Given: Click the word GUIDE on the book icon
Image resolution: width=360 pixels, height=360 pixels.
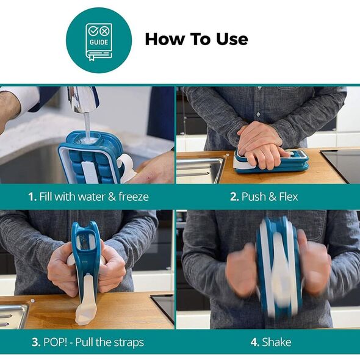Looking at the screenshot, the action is point(99,42).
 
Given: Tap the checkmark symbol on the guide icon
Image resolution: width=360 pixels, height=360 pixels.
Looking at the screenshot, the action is point(93,31).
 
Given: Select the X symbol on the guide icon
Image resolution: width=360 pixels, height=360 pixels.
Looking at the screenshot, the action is point(104,31).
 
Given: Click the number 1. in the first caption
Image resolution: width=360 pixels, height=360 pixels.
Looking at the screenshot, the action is point(32,196).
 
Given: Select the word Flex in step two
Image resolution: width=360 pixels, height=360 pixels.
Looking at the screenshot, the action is point(289,196).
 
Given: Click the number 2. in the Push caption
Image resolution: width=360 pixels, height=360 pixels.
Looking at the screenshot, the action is point(235,196).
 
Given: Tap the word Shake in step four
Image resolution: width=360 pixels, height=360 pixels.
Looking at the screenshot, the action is point(276,342).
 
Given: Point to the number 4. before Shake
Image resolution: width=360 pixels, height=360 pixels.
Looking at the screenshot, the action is point(255,342).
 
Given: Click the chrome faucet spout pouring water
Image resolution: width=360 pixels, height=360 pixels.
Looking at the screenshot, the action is point(83,99).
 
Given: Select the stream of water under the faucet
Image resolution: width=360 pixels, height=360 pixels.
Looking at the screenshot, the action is point(87,126).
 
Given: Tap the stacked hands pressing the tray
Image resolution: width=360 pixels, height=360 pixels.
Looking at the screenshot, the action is point(260,144).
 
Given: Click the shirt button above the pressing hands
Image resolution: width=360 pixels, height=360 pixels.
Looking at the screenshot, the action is point(258,114).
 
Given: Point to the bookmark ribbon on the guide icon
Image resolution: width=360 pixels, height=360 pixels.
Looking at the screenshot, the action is point(92,57).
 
